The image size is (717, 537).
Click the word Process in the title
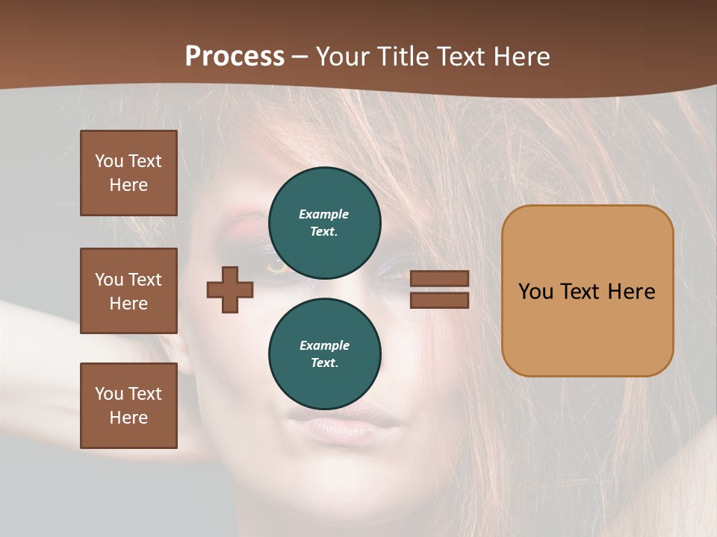tap(235, 57)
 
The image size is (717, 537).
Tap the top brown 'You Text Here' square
tap(128, 173)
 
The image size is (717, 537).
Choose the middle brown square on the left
tap(128, 291)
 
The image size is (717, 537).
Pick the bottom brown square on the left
tap(128, 406)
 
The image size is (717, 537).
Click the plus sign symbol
tap(230, 289)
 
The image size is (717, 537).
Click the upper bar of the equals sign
tap(440, 279)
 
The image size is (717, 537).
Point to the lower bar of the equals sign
tap(440, 300)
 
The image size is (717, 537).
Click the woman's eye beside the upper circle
tap(279, 265)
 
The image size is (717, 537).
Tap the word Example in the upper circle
tap(324, 214)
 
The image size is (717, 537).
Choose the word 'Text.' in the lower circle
tap(324, 363)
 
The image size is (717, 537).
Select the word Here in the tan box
tap(631, 292)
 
